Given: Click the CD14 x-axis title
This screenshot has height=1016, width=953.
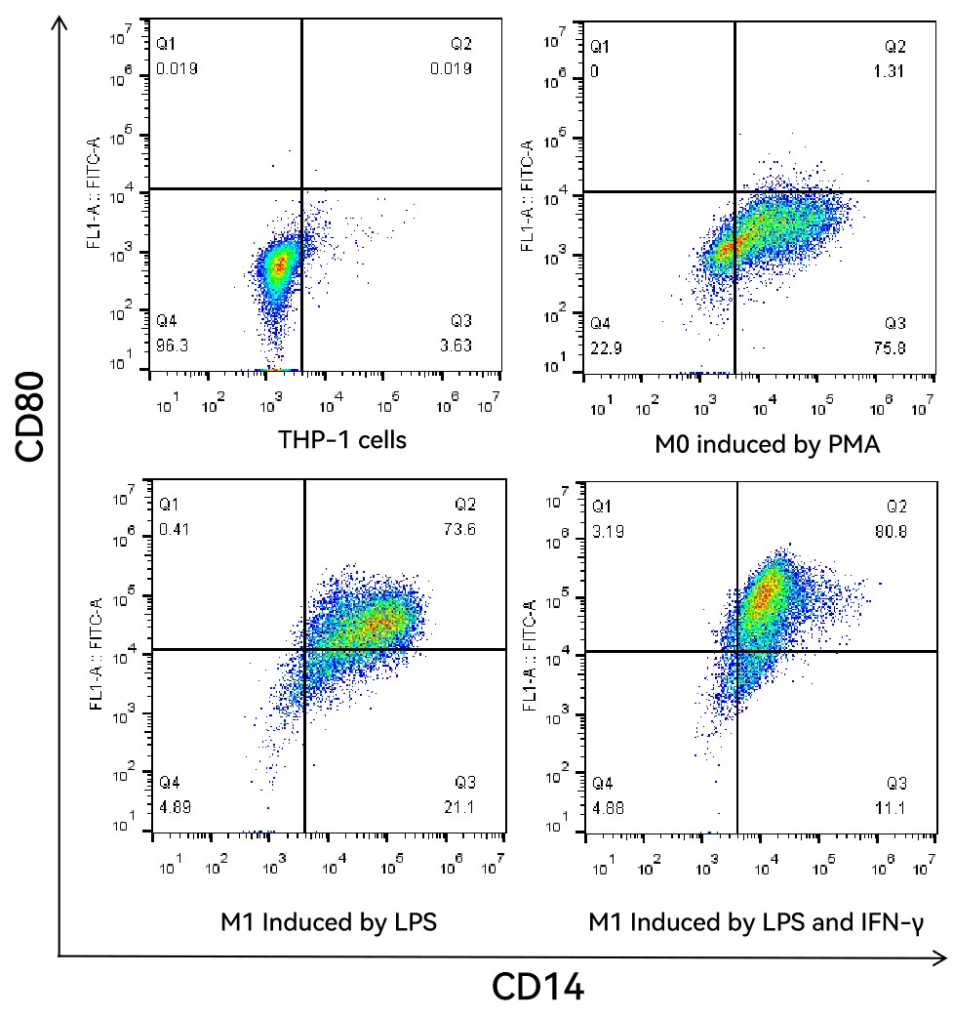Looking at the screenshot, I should click(x=538, y=987).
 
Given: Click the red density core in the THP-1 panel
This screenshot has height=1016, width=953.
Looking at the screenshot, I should click(x=281, y=262).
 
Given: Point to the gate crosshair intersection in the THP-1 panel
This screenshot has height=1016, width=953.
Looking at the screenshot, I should click(x=302, y=188).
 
